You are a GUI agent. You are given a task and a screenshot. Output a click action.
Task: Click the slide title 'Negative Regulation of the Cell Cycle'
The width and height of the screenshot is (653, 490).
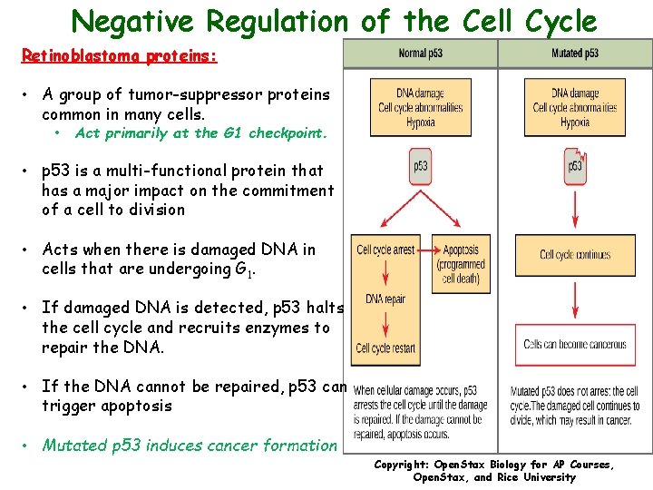(334, 20)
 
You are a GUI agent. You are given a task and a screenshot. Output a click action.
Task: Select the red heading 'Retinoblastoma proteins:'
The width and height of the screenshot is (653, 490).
(119, 56)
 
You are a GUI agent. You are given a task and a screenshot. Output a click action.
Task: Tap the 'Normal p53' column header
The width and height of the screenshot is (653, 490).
(421, 54)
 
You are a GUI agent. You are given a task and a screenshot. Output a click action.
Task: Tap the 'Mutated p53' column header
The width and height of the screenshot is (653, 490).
(574, 54)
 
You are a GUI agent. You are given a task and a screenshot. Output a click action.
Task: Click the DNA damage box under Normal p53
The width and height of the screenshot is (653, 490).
(420, 108)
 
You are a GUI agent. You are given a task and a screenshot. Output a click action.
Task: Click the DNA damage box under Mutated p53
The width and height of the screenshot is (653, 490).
(574, 108)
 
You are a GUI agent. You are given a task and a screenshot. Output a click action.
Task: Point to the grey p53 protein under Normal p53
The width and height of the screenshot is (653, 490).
(421, 167)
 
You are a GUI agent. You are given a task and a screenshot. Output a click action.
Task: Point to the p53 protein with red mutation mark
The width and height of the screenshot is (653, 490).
(575, 167)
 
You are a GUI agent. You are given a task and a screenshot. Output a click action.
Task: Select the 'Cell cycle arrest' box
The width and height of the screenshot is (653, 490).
(385, 250)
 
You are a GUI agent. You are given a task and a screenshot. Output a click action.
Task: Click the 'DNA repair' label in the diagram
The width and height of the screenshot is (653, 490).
(385, 299)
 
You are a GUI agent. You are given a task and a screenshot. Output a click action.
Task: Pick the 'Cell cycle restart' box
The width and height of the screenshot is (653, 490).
(385, 348)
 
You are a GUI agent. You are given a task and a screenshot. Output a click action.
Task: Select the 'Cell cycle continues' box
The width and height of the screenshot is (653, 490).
(575, 255)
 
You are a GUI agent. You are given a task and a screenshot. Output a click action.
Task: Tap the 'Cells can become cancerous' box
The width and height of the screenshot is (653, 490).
(575, 345)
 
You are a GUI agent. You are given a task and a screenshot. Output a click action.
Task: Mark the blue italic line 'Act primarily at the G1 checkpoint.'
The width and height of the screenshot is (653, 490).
(200, 133)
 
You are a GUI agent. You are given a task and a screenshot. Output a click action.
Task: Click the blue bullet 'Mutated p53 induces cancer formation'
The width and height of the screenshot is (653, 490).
(189, 446)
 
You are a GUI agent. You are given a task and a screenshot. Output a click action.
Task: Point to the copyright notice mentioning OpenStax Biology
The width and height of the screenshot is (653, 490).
(494, 471)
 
